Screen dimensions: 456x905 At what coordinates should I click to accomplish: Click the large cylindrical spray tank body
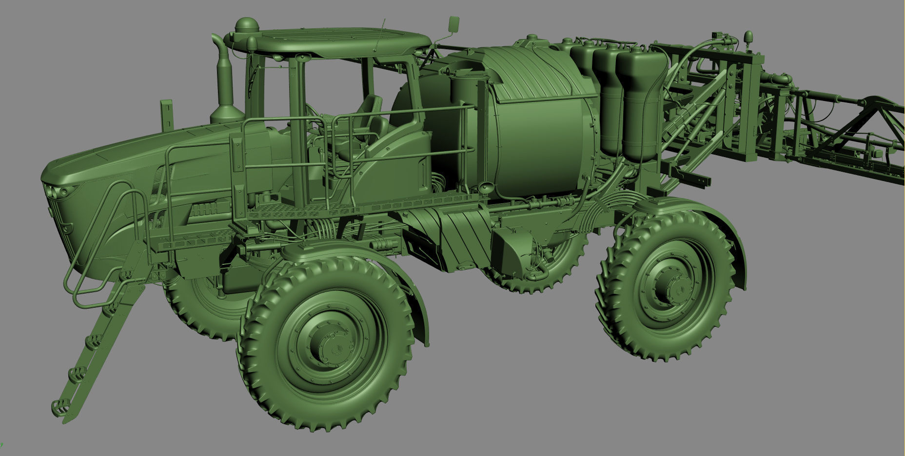pos(541,146)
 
